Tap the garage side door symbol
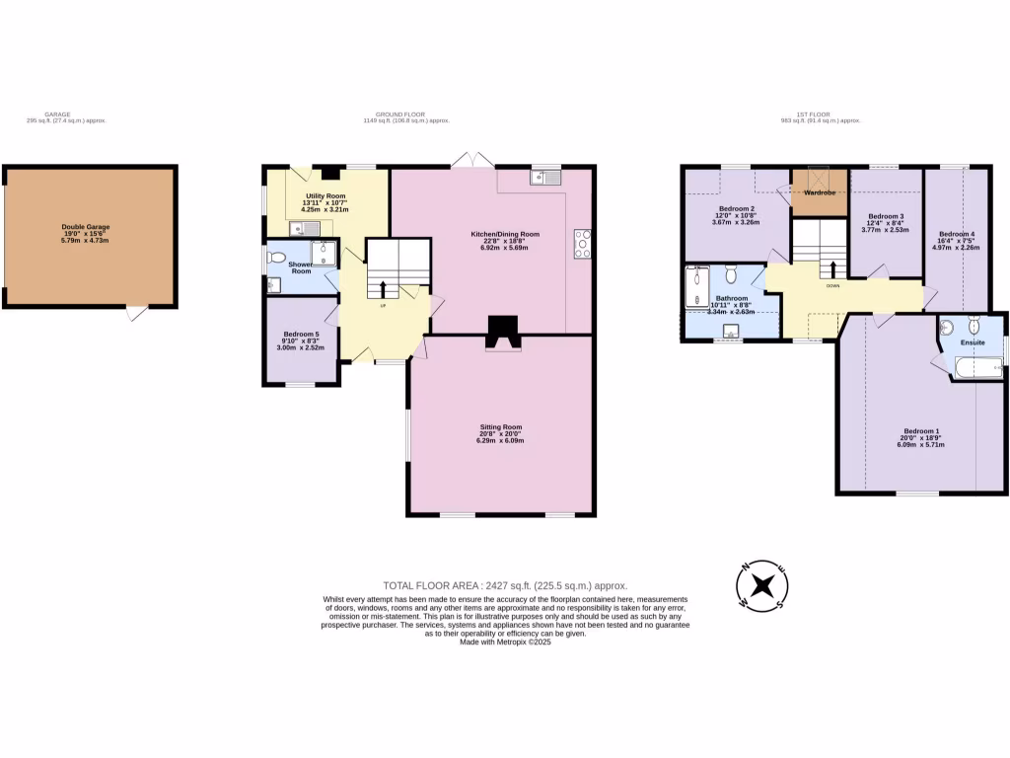[x=137, y=313]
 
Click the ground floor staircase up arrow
[x=383, y=288]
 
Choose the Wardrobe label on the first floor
[x=819, y=192]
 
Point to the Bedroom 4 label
[x=957, y=241]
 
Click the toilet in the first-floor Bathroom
[x=732, y=272]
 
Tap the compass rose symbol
[x=760, y=585]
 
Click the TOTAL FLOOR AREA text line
[x=504, y=585]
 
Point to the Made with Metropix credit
[x=505, y=642]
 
